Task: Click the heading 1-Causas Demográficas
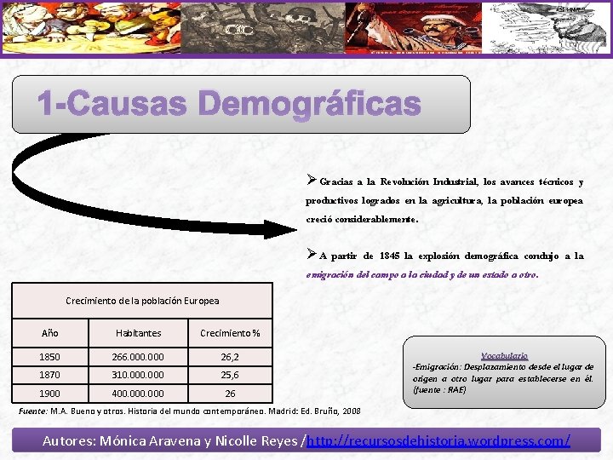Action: click(228, 106)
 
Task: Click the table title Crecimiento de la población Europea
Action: click(142, 301)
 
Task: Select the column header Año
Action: click(50, 333)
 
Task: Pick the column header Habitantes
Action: click(138, 333)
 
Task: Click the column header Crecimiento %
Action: click(230, 333)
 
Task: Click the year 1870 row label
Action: click(50, 375)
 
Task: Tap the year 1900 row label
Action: click(50, 394)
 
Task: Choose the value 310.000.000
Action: click(138, 375)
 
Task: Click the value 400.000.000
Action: click(138, 394)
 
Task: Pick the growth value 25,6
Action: click(230, 375)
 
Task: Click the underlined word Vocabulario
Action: click(504, 355)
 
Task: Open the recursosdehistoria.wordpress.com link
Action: click(438, 441)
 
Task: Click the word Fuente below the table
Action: click(32, 411)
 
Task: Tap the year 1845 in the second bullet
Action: click(391, 256)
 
